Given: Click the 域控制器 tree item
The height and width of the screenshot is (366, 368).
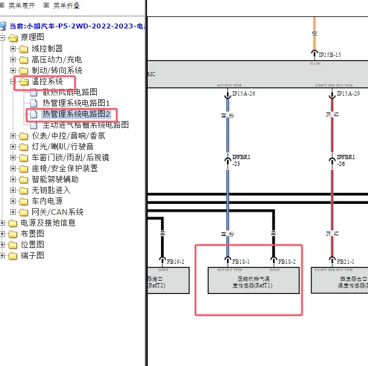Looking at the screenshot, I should click(47, 48).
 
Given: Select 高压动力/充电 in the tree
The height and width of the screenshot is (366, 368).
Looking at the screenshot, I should click(56, 59).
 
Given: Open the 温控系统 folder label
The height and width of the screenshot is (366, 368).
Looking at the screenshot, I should click(47, 81).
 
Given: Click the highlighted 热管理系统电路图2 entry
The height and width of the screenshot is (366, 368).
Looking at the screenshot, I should click(76, 114).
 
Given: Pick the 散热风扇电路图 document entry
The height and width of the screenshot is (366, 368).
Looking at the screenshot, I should click(70, 92).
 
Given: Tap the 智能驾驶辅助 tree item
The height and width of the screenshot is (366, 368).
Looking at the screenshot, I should click(55, 179).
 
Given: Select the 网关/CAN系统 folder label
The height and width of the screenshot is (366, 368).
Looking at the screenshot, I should click(57, 212).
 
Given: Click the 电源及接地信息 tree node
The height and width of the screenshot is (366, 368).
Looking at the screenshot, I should click(48, 223).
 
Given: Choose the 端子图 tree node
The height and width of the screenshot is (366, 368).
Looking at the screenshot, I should click(32, 255).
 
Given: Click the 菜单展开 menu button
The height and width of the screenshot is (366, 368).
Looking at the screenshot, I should click(21, 5).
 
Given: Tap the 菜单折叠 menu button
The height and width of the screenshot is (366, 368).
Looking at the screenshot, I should click(66, 5).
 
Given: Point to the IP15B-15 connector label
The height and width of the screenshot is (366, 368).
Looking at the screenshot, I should click(330, 54).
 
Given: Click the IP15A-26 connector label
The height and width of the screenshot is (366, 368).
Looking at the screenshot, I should click(244, 94).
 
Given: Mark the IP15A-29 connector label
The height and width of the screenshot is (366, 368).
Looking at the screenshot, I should click(348, 94).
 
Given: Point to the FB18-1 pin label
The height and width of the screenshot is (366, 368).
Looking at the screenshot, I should click(241, 261).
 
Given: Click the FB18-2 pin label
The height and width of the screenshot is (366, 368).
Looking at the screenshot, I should click(287, 261).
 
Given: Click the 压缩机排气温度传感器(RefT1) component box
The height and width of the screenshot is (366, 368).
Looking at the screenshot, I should click(253, 282).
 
